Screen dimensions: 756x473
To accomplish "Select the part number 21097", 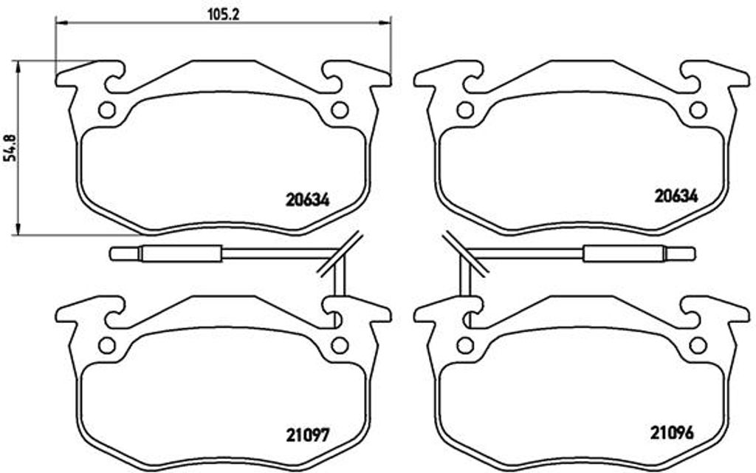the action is click(307, 435).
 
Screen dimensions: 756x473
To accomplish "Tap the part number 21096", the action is click(672, 432).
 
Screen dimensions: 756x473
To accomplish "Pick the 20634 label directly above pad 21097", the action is click(307, 200).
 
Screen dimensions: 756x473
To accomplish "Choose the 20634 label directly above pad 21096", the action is click(676, 195).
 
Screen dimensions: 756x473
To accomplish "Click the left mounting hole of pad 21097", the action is click(106, 346).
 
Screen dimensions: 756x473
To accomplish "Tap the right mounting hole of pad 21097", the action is click(340, 346).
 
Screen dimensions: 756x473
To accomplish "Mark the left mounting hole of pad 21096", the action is click(465, 346).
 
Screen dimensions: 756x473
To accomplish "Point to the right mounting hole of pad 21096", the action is click(698, 346).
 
